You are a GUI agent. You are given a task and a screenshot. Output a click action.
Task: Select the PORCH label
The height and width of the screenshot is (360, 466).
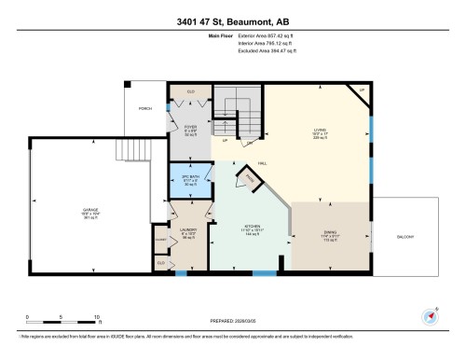click(144, 109)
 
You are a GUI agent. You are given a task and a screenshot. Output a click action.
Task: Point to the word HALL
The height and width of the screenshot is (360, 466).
click(265, 159)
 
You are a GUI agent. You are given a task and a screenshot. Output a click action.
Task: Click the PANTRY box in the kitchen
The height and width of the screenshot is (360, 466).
click(251, 177)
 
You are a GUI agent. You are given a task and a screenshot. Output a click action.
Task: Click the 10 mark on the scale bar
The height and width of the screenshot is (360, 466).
click(97, 317)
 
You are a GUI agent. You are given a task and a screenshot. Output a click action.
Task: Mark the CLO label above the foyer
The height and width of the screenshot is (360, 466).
click(190, 91)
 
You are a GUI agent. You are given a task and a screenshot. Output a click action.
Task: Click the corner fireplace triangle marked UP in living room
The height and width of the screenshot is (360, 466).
click(361, 90)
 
